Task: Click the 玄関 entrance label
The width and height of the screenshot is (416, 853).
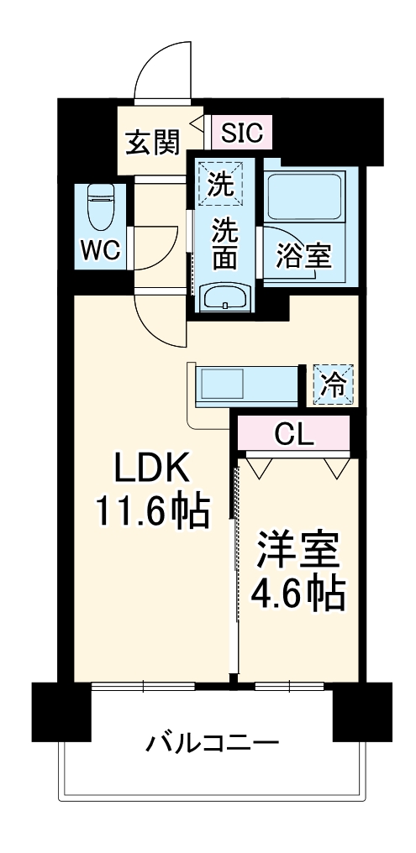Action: tap(153, 142)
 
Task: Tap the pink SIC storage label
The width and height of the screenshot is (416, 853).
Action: tap(242, 131)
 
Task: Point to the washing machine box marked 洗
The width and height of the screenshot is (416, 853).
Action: tap(221, 184)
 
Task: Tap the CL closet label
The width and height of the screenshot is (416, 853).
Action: tap(294, 434)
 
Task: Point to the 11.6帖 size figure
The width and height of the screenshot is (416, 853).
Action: tap(150, 510)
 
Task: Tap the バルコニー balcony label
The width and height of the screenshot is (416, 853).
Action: tap(213, 744)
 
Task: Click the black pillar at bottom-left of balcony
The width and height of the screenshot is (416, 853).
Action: tap(61, 711)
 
